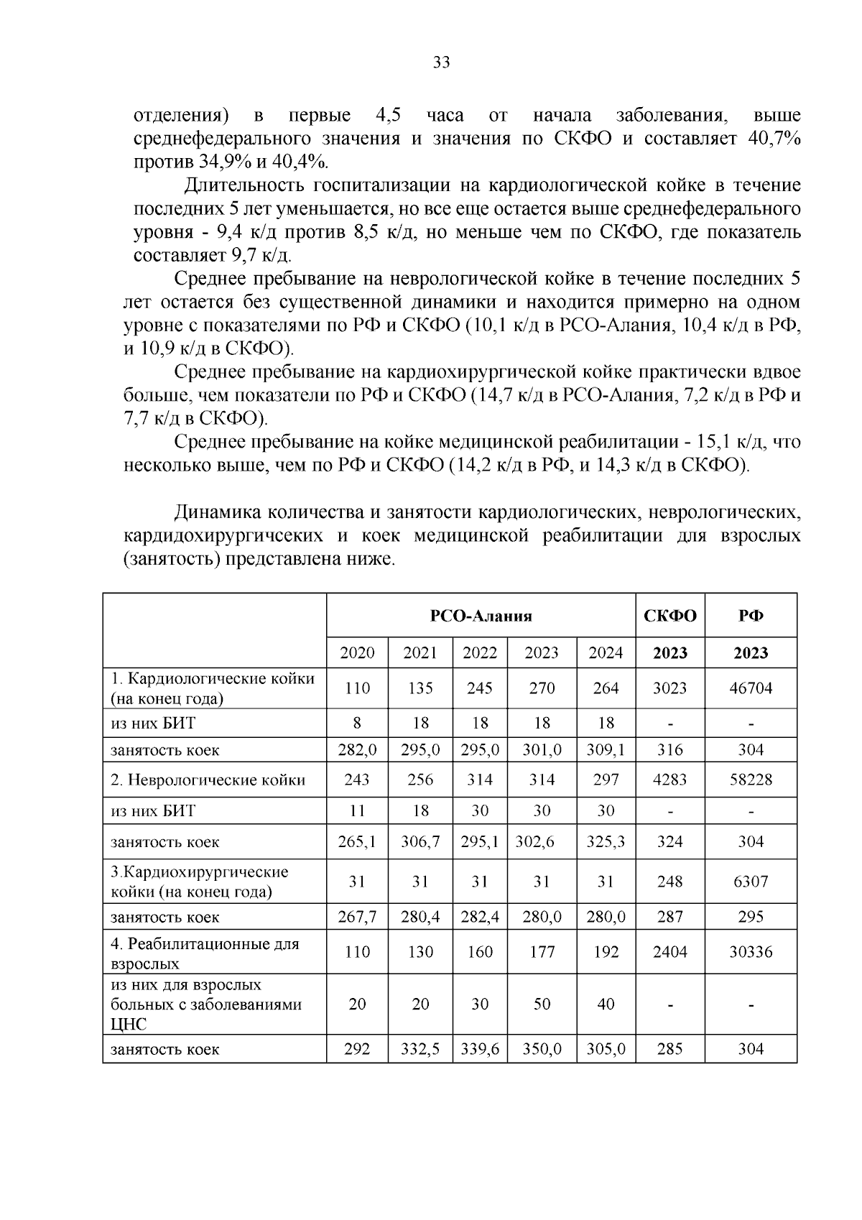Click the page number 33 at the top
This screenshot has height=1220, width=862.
click(x=441, y=63)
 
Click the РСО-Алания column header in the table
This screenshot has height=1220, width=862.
click(x=481, y=616)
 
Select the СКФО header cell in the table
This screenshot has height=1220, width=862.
click(x=669, y=616)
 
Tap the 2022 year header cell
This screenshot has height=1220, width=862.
click(x=479, y=652)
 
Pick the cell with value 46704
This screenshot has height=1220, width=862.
click(x=751, y=688)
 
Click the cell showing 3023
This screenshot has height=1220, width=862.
click(x=669, y=688)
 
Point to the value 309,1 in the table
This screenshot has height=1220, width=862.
click(x=606, y=750)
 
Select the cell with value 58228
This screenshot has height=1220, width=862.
click(x=751, y=780)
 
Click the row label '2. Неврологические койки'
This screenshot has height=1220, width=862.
click(x=208, y=780)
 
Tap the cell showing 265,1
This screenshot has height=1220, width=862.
click(x=357, y=841)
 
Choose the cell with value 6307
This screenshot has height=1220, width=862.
click(x=751, y=881)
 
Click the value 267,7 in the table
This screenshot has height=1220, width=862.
click(x=357, y=917)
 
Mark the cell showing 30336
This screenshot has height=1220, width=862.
click(x=751, y=952)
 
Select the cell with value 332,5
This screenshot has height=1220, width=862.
click(x=420, y=1049)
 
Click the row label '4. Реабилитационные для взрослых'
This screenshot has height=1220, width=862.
click(x=205, y=953)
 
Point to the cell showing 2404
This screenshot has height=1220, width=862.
click(x=669, y=952)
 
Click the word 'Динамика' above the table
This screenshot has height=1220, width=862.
click(x=216, y=512)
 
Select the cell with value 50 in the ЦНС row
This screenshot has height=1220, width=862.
click(x=542, y=1004)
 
